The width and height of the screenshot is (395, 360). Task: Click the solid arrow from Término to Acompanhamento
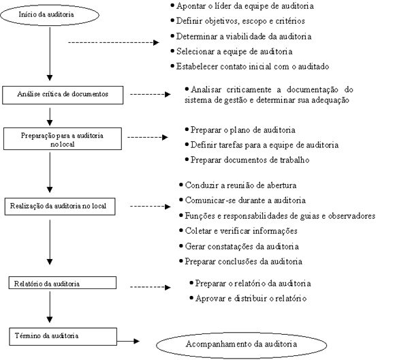coord(128,342)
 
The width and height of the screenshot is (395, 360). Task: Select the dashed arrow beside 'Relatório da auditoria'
coord(151,287)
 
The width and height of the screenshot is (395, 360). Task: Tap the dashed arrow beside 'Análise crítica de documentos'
coord(151,94)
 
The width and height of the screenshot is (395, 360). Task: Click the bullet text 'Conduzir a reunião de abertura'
coord(240,185)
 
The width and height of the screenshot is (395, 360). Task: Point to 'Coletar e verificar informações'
coord(241,231)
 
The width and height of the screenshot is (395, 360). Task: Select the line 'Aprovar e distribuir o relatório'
coord(251,299)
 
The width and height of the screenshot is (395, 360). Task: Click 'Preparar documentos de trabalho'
coord(250,160)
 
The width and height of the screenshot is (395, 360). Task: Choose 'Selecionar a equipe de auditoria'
coord(234,51)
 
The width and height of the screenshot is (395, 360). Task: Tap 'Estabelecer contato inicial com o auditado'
coord(253,66)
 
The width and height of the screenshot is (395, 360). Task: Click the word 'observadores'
coord(351,215)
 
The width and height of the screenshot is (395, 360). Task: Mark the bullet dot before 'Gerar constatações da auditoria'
coord(181,245)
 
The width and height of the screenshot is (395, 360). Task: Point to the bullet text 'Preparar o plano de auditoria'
coord(243,130)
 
